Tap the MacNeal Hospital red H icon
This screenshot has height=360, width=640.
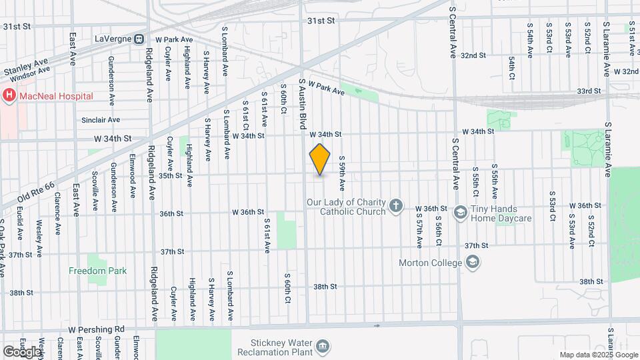point(9,96)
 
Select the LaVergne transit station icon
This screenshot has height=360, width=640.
point(139,39)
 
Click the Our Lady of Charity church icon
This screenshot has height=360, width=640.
point(396,206)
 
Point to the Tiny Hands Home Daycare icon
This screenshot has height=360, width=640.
point(460,213)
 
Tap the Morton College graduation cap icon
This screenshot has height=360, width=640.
point(472,262)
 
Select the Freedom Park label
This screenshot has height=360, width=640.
point(97,271)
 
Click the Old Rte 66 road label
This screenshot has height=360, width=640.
point(25,191)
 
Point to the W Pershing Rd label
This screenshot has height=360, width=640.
point(97,329)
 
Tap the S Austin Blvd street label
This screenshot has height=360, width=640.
point(303,103)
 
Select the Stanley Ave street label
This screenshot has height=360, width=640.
point(26,67)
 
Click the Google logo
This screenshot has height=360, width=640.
point(21,351)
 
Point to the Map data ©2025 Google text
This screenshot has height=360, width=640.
point(598,355)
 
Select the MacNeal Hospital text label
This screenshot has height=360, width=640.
point(56,96)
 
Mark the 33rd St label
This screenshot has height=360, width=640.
point(589,91)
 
